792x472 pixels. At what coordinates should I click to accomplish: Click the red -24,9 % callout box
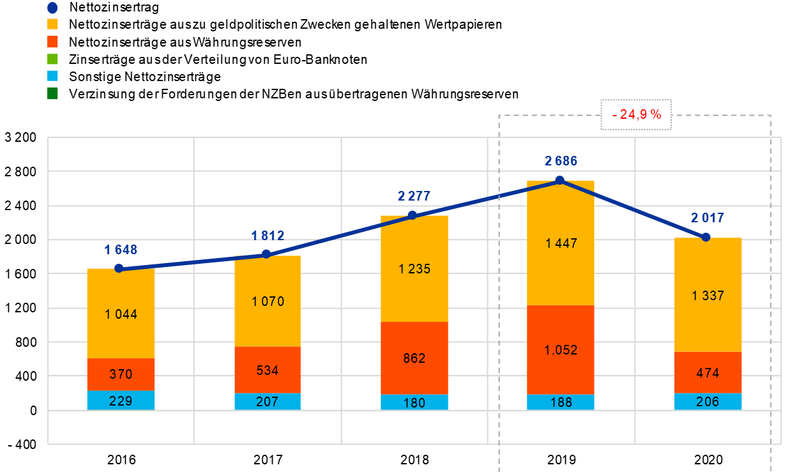click(x=636, y=115)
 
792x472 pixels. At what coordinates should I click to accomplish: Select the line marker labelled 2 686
click(x=560, y=180)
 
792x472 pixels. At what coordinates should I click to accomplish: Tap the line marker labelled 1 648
click(x=119, y=268)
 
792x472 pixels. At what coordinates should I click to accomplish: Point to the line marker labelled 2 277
click(x=413, y=215)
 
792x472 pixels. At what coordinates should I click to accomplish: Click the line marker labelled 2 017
click(x=706, y=237)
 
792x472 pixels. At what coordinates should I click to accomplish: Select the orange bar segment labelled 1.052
click(x=561, y=350)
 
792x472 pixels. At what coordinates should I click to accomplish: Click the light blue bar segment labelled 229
click(x=121, y=400)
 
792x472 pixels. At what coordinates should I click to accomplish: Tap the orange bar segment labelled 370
click(x=121, y=374)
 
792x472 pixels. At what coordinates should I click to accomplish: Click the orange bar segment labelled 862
click(x=415, y=358)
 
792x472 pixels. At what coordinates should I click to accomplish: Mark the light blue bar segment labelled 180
click(x=415, y=402)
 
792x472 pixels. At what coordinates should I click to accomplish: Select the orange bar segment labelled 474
click(x=708, y=372)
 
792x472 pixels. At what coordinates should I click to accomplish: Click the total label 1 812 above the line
click(x=268, y=236)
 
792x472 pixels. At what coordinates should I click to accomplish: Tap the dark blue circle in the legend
click(x=52, y=8)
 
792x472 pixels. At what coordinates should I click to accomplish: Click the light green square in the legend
click(x=52, y=59)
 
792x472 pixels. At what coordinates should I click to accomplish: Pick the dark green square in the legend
click(x=52, y=93)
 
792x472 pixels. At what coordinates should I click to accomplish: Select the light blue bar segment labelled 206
click(x=708, y=402)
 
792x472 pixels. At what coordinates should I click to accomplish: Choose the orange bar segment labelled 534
click(x=268, y=370)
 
